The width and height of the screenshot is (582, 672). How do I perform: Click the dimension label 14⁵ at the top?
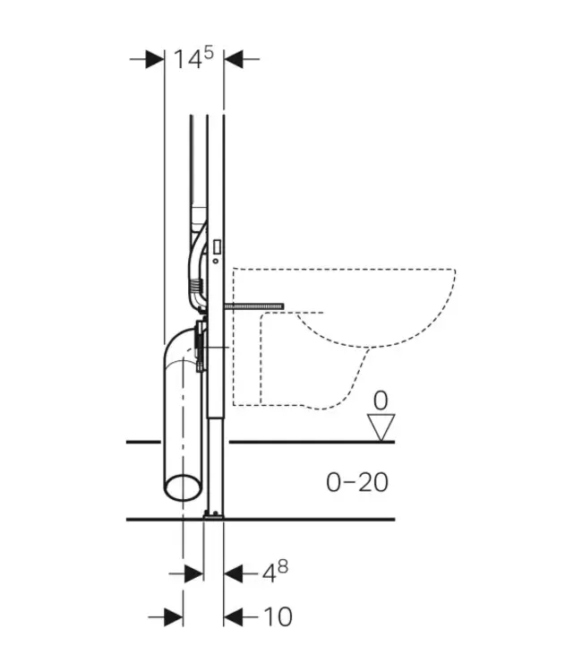pyautogui.click(x=193, y=59)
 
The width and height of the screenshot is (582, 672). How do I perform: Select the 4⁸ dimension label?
pyautogui.click(x=276, y=571)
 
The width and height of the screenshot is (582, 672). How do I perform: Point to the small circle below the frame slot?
pyautogui.click(x=215, y=261)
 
